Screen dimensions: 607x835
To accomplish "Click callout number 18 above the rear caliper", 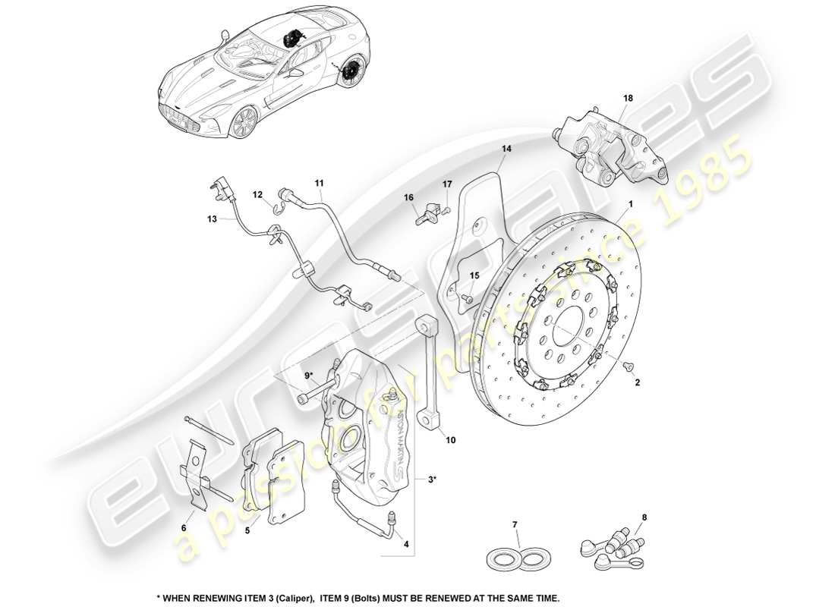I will (x=628, y=99).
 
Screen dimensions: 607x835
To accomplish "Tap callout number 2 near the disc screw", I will (x=638, y=384).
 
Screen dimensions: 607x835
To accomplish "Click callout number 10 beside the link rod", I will (x=451, y=439).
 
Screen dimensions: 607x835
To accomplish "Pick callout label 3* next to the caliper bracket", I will (x=432, y=479).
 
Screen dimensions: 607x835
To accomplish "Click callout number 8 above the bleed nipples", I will (x=645, y=519).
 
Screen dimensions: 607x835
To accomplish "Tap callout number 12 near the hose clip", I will (x=258, y=195).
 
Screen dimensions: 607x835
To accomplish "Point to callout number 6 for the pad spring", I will (x=183, y=527).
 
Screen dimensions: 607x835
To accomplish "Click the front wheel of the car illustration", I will (x=243, y=121).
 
